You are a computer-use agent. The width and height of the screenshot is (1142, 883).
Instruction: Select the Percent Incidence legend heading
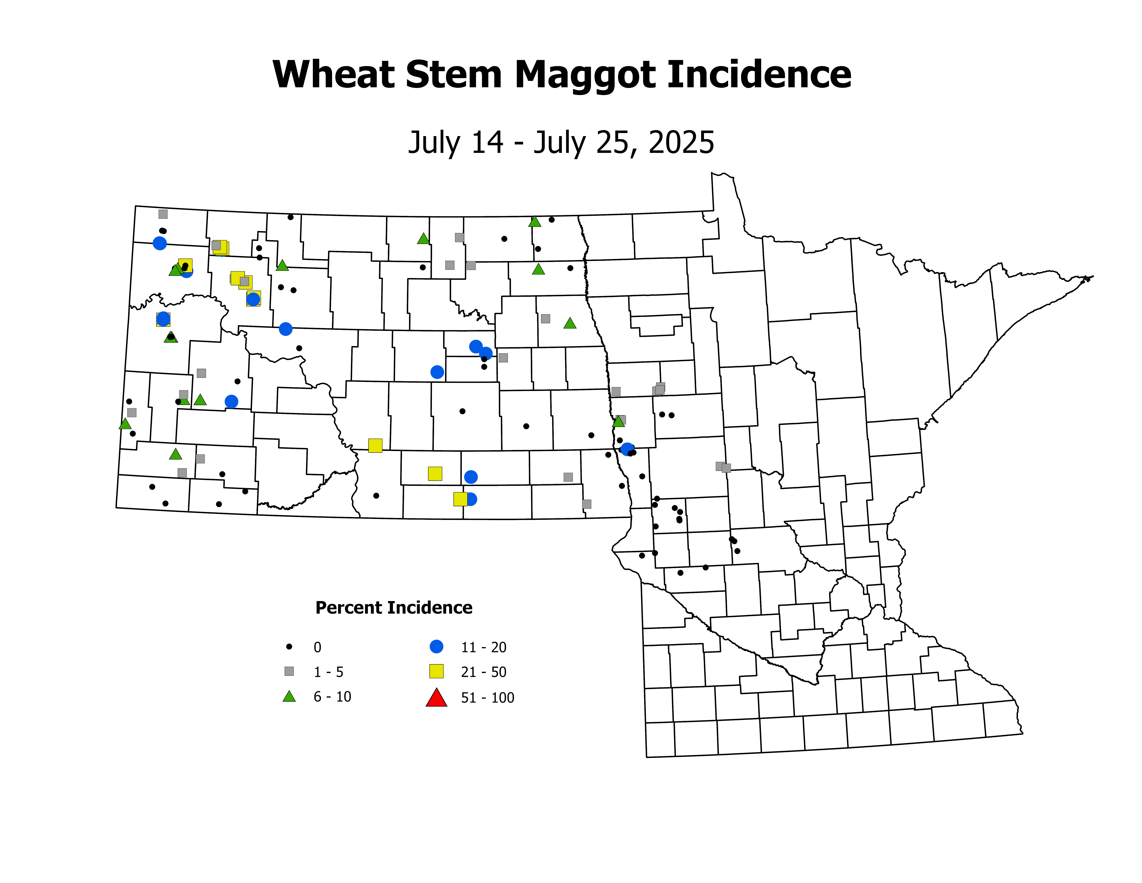394,608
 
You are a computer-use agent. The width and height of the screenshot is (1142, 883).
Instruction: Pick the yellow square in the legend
436,671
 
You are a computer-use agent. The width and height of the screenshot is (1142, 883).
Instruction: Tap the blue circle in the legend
436,646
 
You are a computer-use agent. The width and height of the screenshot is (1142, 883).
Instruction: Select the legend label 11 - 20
484,648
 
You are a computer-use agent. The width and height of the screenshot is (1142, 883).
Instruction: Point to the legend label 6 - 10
332,697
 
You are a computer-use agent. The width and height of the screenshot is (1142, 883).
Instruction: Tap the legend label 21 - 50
484,672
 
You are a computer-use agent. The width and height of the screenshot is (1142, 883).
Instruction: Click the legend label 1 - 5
328,672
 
